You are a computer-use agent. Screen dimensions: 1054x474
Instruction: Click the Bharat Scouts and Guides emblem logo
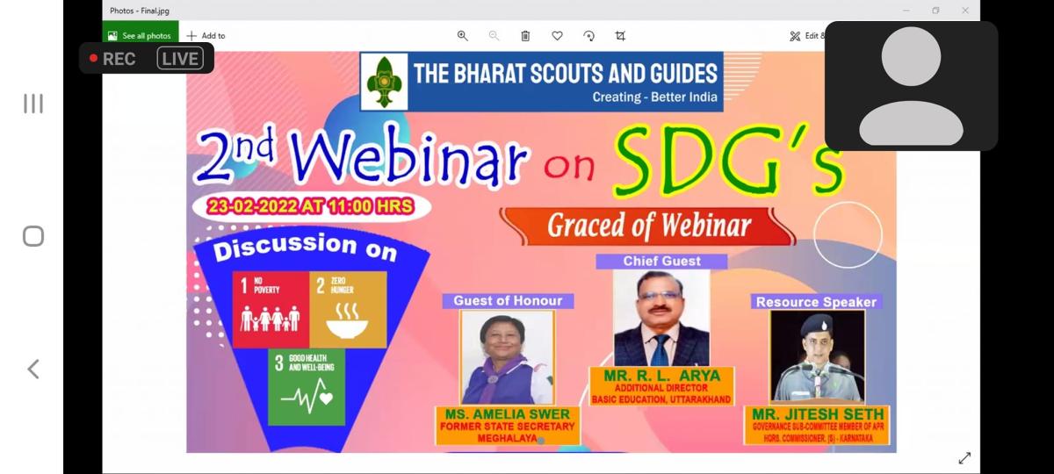click(384, 82)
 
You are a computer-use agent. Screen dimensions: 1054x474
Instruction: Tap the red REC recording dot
click(93, 58)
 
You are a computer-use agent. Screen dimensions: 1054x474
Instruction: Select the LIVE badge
click(180, 58)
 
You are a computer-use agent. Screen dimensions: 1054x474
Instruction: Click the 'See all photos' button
click(141, 36)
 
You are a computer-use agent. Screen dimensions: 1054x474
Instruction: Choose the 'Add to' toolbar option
click(206, 36)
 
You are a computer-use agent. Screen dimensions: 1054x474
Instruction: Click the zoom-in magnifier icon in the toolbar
click(463, 36)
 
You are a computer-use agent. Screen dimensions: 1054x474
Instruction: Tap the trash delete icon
click(525, 36)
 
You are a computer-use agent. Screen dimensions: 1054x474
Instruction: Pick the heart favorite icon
click(557, 36)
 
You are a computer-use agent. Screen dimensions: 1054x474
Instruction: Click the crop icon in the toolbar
click(620, 36)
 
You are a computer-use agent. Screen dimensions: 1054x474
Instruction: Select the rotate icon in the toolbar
click(588, 36)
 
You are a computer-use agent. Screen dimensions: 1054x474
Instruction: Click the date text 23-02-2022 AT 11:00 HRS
click(311, 206)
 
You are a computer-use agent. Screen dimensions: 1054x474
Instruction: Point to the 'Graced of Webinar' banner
click(648, 226)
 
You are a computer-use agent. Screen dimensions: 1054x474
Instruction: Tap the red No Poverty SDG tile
click(271, 309)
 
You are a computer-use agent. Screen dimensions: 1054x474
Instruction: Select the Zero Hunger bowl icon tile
click(348, 309)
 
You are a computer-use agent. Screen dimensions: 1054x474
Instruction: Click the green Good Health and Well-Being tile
click(307, 386)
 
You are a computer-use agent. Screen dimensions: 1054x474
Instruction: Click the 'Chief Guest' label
click(661, 262)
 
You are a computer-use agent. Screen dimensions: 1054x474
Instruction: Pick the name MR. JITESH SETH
click(818, 414)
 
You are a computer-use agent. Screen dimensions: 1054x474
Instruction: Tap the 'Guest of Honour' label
click(508, 301)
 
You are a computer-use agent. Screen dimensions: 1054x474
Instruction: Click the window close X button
click(965, 11)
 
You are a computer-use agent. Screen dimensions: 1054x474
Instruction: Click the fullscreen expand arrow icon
click(964, 457)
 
